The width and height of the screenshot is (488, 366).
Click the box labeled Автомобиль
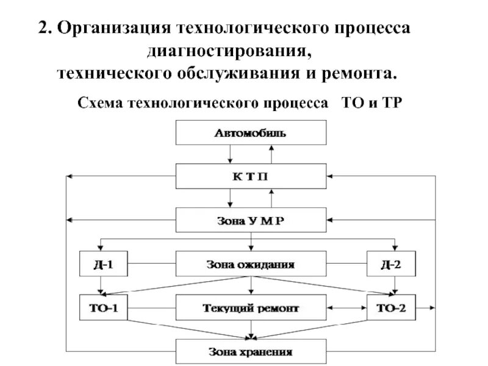(250, 132)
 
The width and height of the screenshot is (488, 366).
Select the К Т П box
(250, 176)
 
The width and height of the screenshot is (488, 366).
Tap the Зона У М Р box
(250, 220)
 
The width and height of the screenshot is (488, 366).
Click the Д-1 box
(102, 264)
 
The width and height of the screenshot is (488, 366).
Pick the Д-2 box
(392, 264)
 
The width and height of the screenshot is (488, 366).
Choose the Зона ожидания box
(250, 264)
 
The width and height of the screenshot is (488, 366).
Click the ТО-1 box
(102, 307)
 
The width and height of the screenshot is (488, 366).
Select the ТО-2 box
(392, 307)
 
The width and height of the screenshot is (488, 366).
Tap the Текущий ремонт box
(250, 307)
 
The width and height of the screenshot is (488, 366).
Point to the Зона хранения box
(250, 351)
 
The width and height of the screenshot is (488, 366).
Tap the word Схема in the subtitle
(99, 102)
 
